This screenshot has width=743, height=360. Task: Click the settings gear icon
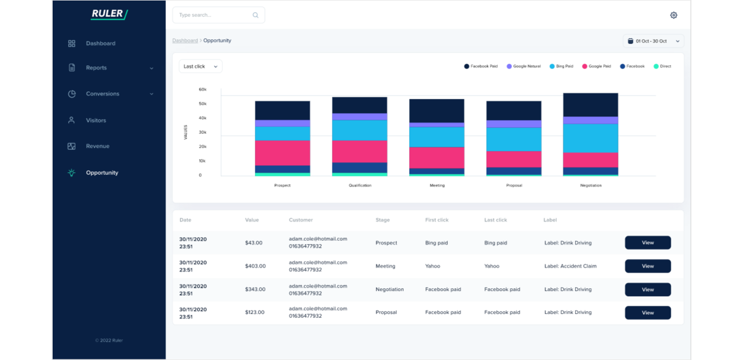pyautogui.click(x=673, y=15)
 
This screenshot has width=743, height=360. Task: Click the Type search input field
pyautogui.click(x=213, y=15)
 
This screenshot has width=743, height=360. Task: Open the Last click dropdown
pyautogui.click(x=201, y=66)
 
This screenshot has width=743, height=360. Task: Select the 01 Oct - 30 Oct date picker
pyautogui.click(x=653, y=41)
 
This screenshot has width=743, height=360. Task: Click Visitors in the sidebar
pyautogui.click(x=96, y=120)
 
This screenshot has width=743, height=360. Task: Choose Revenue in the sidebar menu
pyautogui.click(x=97, y=146)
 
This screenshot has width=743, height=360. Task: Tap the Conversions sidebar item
pyautogui.click(x=103, y=94)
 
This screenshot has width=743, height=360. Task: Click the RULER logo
pyautogui.click(x=109, y=14)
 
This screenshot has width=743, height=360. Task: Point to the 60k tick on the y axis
pyautogui.click(x=203, y=89)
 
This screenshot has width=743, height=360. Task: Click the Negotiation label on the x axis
pyautogui.click(x=590, y=186)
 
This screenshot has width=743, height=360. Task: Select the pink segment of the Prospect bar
pyautogui.click(x=282, y=153)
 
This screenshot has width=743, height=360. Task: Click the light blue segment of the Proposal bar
pyautogui.click(x=514, y=139)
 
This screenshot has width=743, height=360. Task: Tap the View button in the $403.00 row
pyautogui.click(x=647, y=266)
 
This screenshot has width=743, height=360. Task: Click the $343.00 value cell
pyautogui.click(x=255, y=289)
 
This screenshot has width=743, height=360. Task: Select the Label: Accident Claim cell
pyautogui.click(x=570, y=266)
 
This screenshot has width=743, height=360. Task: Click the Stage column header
pyautogui.click(x=382, y=220)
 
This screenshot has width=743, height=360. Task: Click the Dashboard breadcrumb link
pyautogui.click(x=185, y=40)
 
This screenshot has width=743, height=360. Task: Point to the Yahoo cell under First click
pyautogui.click(x=432, y=266)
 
